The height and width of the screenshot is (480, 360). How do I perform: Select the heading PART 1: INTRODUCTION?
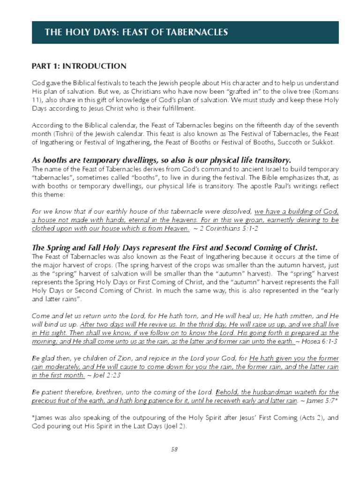click(79, 66)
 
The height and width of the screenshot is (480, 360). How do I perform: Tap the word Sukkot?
click(324, 142)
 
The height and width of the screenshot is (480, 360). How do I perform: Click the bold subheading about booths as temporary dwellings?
click(161, 160)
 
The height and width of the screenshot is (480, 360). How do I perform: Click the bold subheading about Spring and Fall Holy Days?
click(174, 247)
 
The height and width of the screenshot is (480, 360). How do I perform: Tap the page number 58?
click(174, 449)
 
